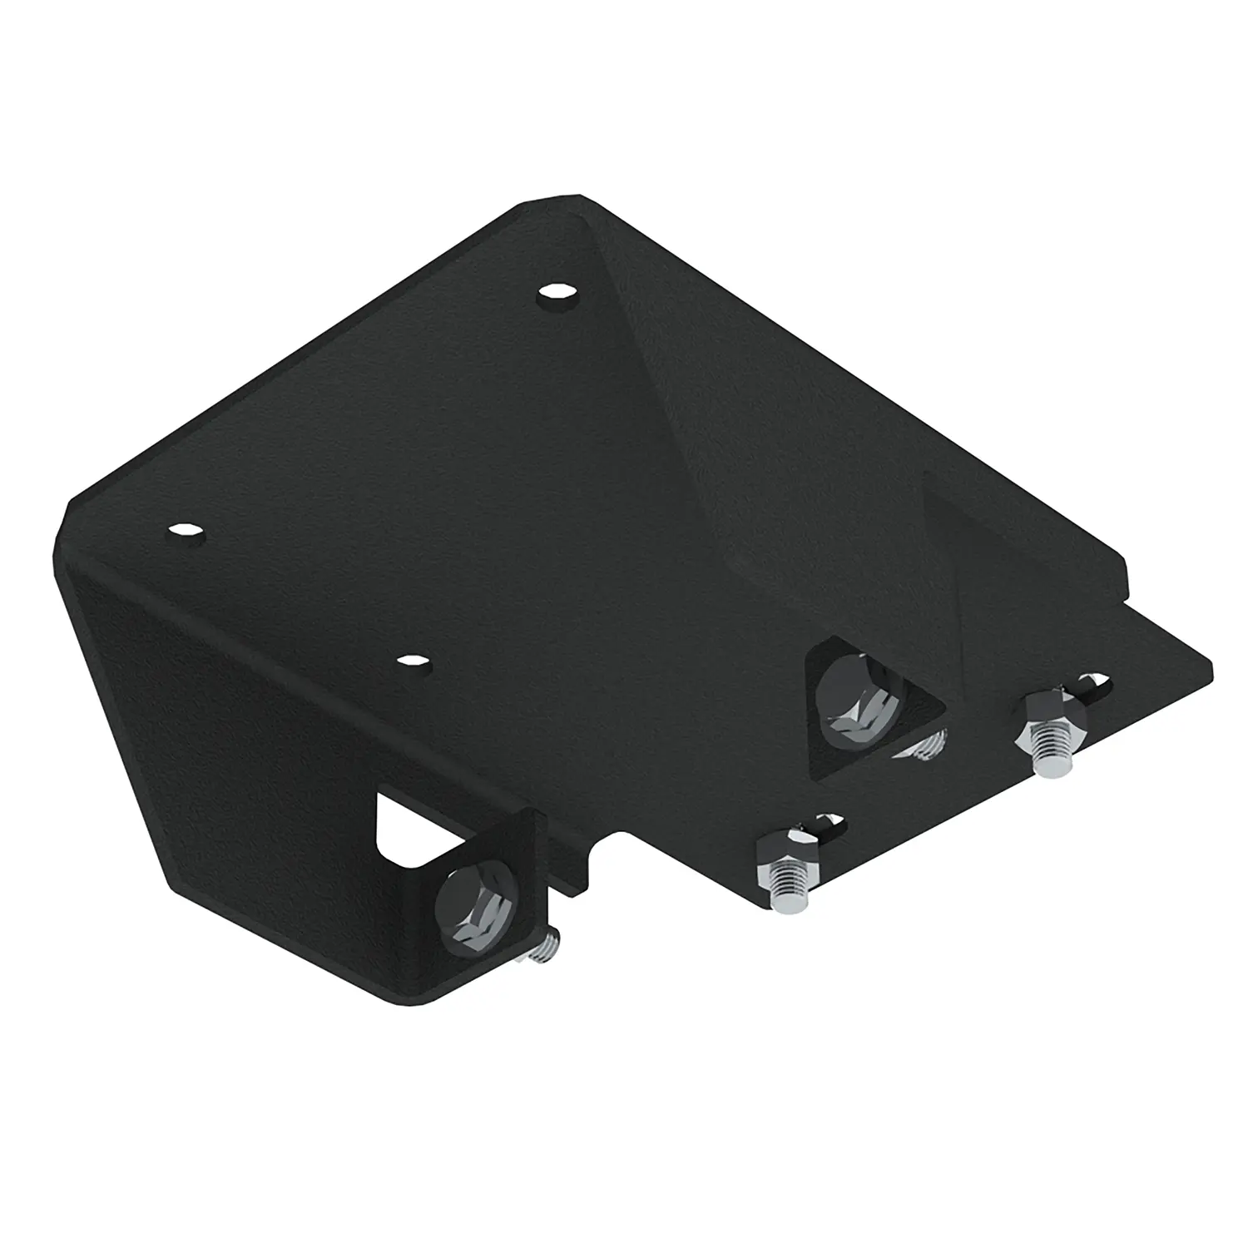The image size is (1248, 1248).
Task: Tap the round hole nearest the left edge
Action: (x=186, y=532)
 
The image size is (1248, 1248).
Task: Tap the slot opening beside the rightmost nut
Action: (x=1093, y=686)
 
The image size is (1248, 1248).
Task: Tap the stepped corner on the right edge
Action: (x=1125, y=587)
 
